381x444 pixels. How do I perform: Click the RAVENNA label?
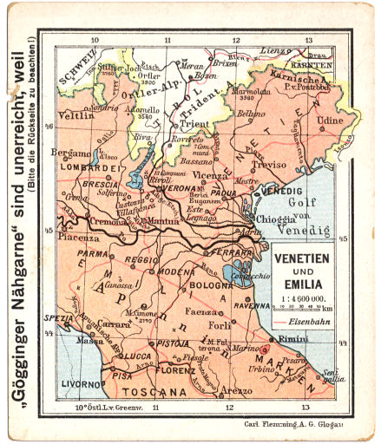coord(252,305)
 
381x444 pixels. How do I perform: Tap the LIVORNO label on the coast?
coord(77,382)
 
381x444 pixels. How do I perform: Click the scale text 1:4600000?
coord(301,297)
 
